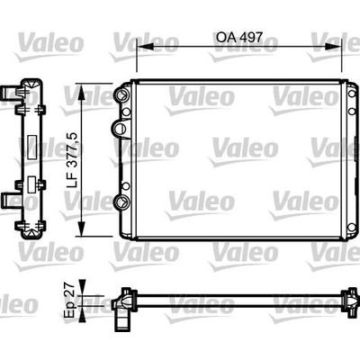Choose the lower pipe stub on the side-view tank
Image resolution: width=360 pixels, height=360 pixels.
pos(12,200)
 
